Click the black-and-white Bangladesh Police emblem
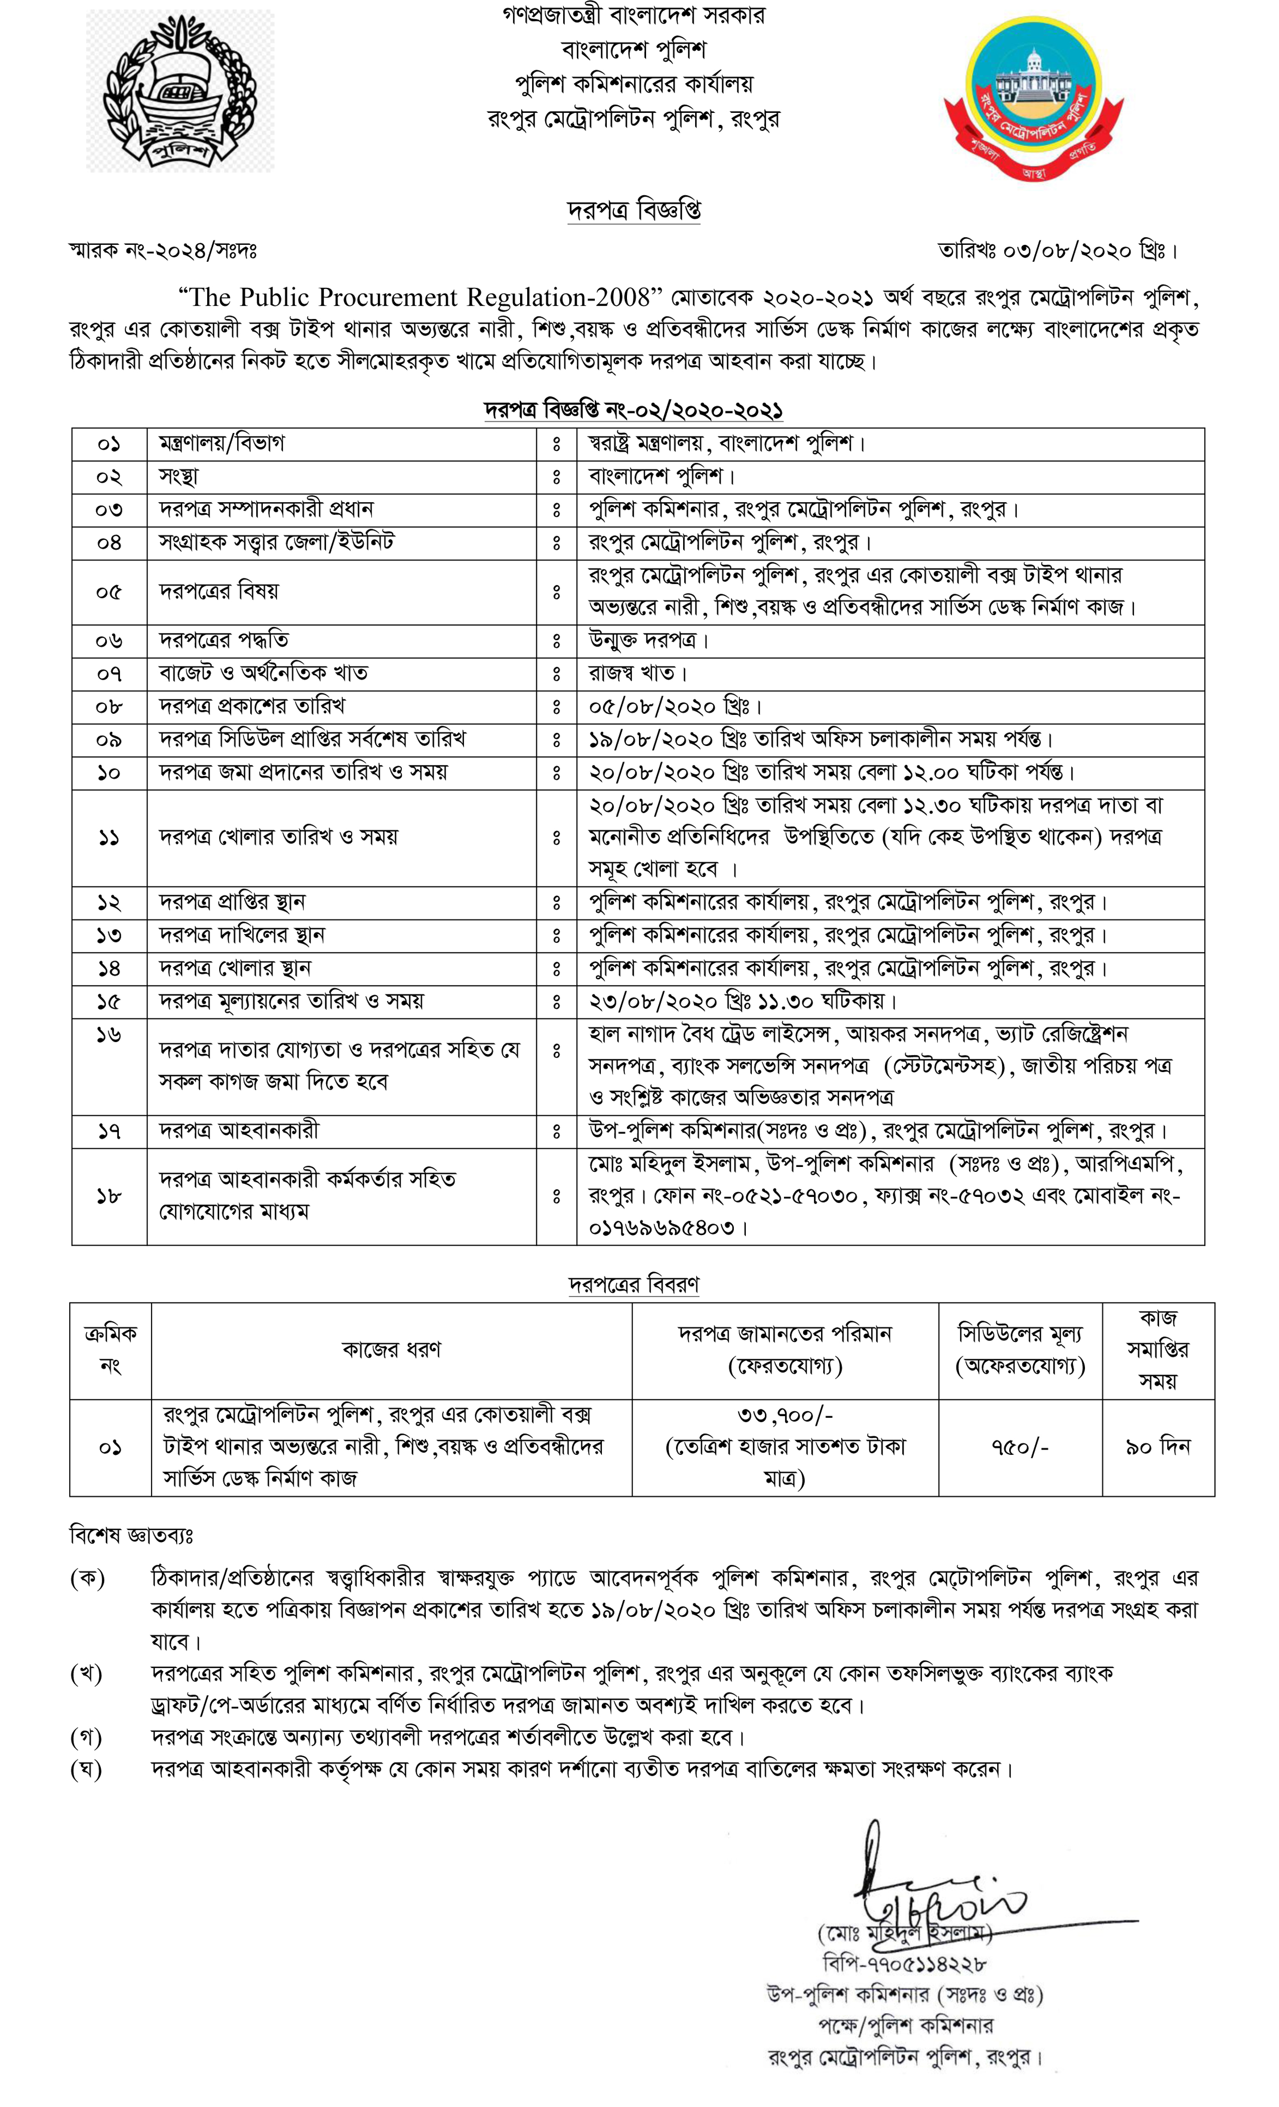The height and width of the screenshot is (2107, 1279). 181,91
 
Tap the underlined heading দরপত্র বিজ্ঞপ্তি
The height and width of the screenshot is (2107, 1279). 634,210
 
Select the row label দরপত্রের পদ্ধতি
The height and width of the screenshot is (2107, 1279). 224,641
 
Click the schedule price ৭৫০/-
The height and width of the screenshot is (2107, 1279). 1020,1447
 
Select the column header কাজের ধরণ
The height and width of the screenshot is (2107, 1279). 392,1349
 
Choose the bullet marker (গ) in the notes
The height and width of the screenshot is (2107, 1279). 86,1737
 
